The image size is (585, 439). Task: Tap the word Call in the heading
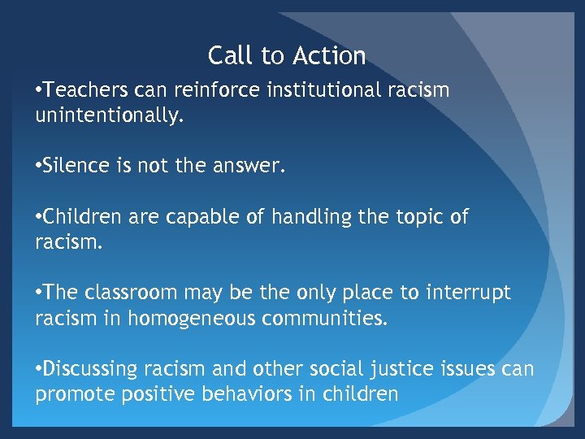pyautogui.click(x=226, y=55)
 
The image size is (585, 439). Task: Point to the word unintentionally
pyautogui.click(x=110, y=116)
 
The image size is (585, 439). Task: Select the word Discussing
pyautogui.click(x=91, y=369)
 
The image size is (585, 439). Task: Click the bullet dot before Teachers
pyautogui.click(x=39, y=91)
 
